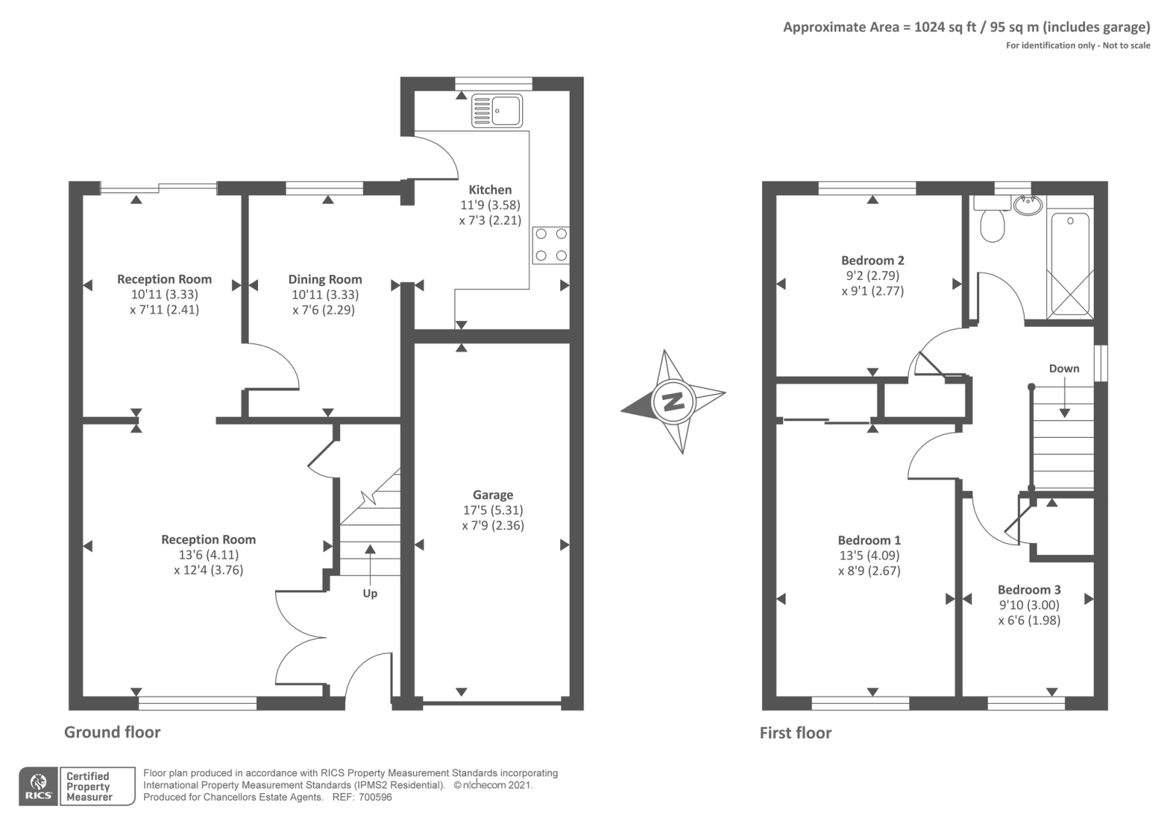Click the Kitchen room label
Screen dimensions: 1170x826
(x=490, y=189)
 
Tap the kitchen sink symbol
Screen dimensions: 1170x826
(x=497, y=110)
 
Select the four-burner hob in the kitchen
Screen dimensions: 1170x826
(x=551, y=245)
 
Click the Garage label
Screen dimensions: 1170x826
(x=493, y=494)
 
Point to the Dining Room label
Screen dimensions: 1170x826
(x=325, y=279)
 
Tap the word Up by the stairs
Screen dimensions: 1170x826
(x=370, y=594)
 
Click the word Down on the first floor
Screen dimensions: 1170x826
(x=1064, y=368)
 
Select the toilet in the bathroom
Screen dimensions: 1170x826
(x=992, y=219)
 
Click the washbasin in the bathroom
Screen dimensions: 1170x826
(x=1028, y=204)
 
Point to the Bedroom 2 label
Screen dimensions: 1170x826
(x=873, y=260)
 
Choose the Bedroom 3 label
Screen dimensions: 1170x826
(x=1029, y=589)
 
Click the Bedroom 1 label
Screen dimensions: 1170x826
(x=869, y=540)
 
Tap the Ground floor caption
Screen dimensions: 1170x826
(x=113, y=732)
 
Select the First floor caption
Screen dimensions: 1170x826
(x=796, y=732)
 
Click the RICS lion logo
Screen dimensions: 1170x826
(x=39, y=787)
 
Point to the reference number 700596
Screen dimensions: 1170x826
(x=375, y=797)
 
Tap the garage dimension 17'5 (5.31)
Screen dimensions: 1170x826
(x=493, y=510)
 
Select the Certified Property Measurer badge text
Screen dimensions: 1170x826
(x=88, y=787)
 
